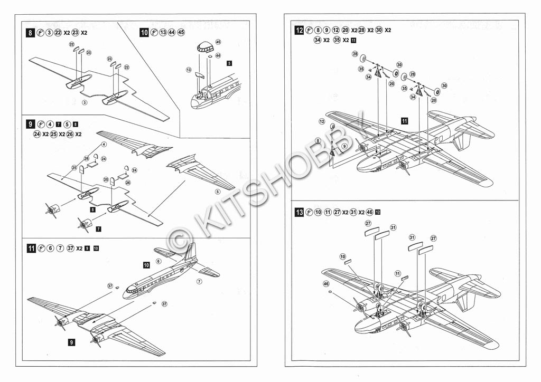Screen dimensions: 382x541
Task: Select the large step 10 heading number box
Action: click(x=144, y=33)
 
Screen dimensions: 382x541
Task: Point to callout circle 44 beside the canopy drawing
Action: click(x=218, y=55)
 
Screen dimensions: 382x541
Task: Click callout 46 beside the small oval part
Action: click(x=326, y=284)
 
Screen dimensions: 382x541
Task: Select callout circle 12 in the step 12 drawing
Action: click(x=322, y=121)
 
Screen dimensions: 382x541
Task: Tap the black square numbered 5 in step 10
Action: click(x=229, y=63)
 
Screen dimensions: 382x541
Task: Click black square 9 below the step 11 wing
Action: click(x=71, y=342)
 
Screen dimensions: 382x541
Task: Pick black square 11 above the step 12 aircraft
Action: click(x=404, y=121)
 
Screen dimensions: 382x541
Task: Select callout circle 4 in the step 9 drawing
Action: click(x=104, y=144)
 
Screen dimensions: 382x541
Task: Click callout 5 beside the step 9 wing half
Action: click(x=218, y=191)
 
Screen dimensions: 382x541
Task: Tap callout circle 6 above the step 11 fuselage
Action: click(x=158, y=261)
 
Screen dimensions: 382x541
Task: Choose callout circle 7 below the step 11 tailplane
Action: click(x=199, y=282)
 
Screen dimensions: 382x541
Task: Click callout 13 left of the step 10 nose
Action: click(x=188, y=70)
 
